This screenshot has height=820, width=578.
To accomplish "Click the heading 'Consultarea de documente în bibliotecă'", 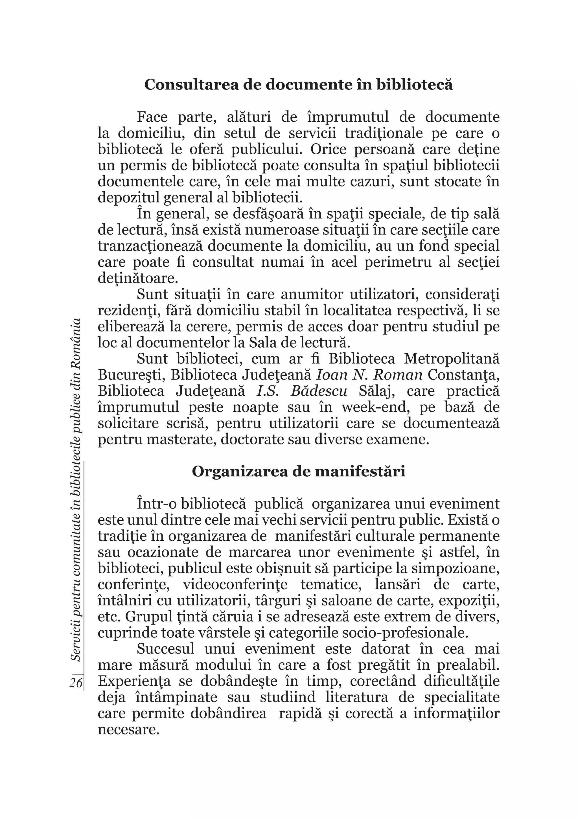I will click(298, 85).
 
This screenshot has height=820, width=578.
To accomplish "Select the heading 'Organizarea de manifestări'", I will click(298, 472).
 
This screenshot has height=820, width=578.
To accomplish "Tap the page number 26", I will click(76, 683).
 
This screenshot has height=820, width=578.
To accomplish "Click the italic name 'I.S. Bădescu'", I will click(302, 391).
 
